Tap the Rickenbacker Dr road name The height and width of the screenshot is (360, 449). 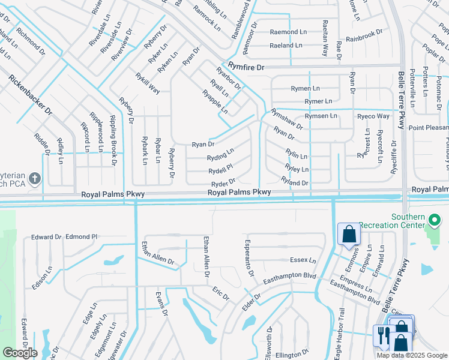(31, 95)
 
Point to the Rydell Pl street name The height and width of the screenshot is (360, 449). (220, 170)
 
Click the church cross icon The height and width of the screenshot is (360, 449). (35, 178)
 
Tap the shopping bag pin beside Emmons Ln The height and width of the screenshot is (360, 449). (349, 234)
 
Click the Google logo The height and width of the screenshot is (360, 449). (20, 353)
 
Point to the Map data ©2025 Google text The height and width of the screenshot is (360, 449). (412, 355)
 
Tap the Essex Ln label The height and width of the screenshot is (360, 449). (303, 260)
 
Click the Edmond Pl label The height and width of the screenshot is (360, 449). (82, 237)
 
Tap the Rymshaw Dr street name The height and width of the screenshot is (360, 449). (287, 119)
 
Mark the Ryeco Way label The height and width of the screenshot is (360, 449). (373, 116)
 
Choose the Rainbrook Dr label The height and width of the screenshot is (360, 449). (364, 35)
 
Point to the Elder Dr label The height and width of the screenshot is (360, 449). (250, 301)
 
